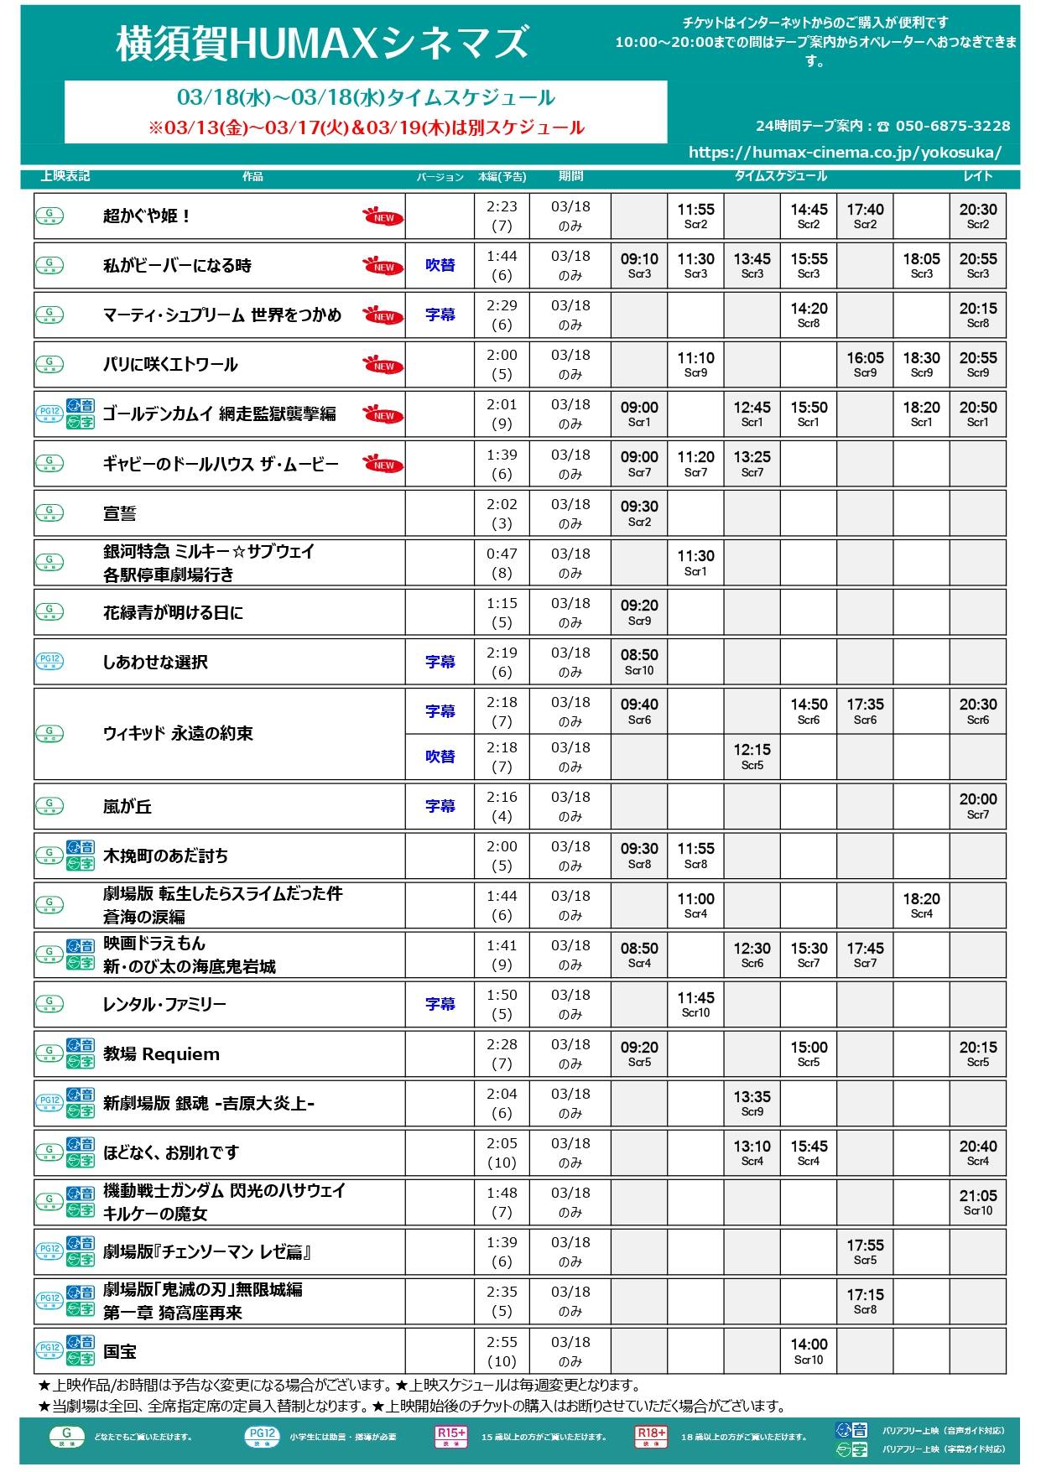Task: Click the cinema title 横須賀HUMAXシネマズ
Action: pyautogui.click(x=323, y=44)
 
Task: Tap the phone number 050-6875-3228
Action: pyautogui.click(x=953, y=126)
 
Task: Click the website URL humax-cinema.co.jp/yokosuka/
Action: pyautogui.click(x=845, y=153)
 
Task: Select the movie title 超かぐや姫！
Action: pyautogui.click(x=148, y=216)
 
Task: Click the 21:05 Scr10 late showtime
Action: pyautogui.click(x=978, y=1203)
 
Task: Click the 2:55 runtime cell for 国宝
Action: pyautogui.click(x=502, y=1351)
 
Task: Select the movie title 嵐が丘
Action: pyautogui.click(x=128, y=807)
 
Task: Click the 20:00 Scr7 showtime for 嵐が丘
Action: pyautogui.click(x=978, y=806)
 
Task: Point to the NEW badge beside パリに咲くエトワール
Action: pyautogui.click(x=383, y=366)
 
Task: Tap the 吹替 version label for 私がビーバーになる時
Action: pyautogui.click(x=440, y=266)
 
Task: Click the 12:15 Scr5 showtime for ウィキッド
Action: pyautogui.click(x=752, y=757)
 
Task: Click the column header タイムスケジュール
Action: pyautogui.click(x=780, y=176)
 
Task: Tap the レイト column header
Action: pyautogui.click(x=978, y=176)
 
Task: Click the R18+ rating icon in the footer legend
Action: pyautogui.click(x=651, y=1436)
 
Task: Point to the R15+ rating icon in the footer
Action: pyautogui.click(x=451, y=1436)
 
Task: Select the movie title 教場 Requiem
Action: pyautogui.click(x=161, y=1054)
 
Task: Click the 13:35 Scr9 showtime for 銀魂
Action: pyautogui.click(x=752, y=1104)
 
